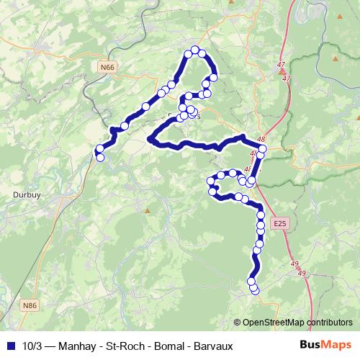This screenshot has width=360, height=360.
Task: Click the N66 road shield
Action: pos(107,67)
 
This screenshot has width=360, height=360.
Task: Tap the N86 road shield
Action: pos(30,306)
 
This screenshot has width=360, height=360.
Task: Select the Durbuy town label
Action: pos(26,194)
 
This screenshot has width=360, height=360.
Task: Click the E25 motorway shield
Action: pos(279,225)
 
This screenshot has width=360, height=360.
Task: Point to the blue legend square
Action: pos(10,346)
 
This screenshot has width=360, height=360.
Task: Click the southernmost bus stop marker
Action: pos(254,289)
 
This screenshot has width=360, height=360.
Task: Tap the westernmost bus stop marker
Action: pos(99,149)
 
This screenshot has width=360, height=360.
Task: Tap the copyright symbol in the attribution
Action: pos(238,323)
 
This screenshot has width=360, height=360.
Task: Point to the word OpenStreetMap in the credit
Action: pos(273,323)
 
